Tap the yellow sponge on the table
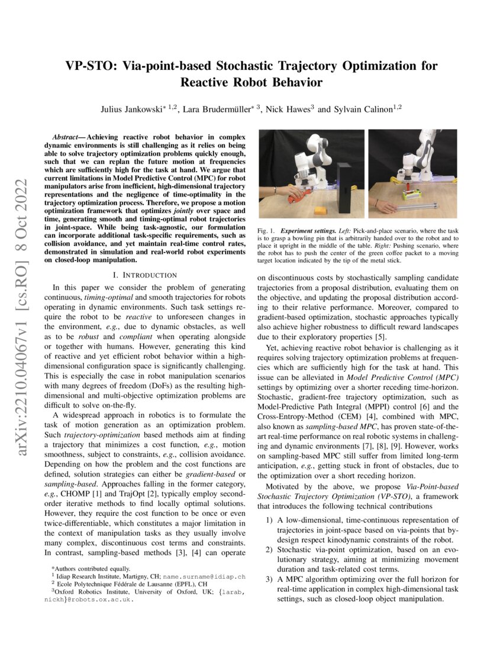[320, 210]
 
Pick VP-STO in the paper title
[88, 65]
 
